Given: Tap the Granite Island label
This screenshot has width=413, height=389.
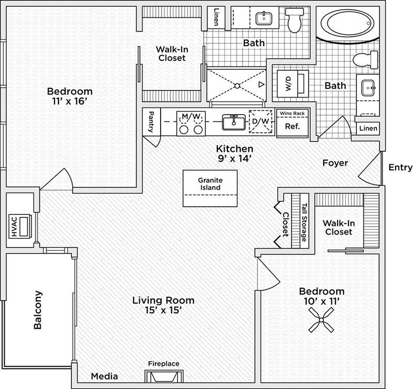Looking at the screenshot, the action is coord(211,184).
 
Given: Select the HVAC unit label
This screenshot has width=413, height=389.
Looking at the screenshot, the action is coord(14,228).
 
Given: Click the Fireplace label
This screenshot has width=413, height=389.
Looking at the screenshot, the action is coord(164,364).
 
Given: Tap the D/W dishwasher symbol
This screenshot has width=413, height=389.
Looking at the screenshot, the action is coord(261,122).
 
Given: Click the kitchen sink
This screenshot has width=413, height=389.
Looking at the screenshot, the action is coord(233,123).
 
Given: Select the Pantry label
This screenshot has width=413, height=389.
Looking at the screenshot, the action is coord(151,122).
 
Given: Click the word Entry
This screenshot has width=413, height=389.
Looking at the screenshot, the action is coord(400,167).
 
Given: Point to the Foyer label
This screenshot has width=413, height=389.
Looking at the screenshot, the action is coord(335,163).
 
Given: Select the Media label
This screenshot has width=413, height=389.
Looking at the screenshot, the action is coord(104,376).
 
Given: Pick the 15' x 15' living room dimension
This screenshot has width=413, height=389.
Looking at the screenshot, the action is coord(163,310).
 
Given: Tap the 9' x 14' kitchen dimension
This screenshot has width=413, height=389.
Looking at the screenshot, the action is coord(234,158).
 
